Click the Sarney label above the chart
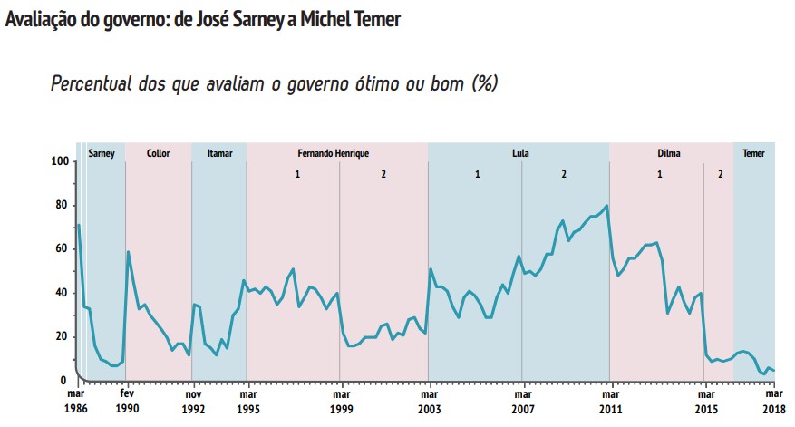pyautogui.click(x=102, y=153)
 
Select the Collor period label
pyautogui.click(x=159, y=153)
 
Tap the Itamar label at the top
pyautogui.click(x=219, y=153)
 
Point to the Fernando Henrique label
pyautogui.click(x=333, y=153)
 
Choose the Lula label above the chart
pyautogui.click(x=520, y=153)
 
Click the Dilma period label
pyautogui.click(x=669, y=153)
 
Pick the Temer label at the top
pyautogui.click(x=753, y=153)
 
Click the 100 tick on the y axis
pyautogui.click(x=61, y=161)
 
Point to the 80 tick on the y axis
pyautogui.click(x=63, y=205)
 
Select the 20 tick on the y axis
pyautogui.click(x=63, y=336)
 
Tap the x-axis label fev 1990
pyautogui.click(x=128, y=402)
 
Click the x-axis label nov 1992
pyautogui.click(x=192, y=402)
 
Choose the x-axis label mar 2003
pyautogui.click(x=429, y=402)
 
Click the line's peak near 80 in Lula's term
pyautogui.click(x=606, y=206)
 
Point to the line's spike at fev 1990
pyautogui.click(x=128, y=251)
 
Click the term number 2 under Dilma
pyautogui.click(x=720, y=173)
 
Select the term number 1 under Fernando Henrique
pyautogui.click(x=296, y=173)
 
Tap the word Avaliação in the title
pyautogui.click(x=41, y=19)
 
